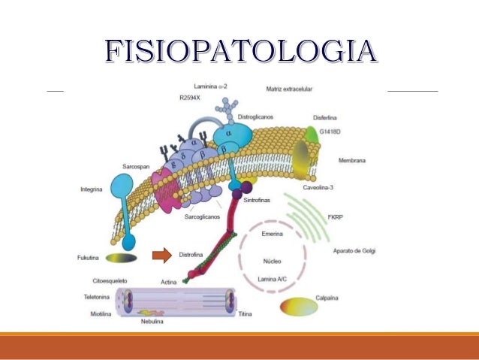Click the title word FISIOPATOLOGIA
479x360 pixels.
click(x=239, y=50)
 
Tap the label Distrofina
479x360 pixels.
click(x=193, y=257)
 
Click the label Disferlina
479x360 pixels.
click(x=328, y=119)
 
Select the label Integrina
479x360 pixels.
click(x=93, y=189)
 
